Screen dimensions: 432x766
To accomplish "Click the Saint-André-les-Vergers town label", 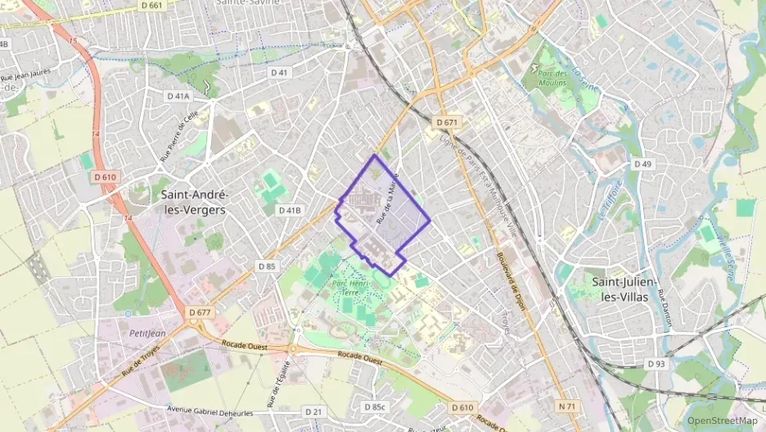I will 194,202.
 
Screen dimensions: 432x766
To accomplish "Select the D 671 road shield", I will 447,122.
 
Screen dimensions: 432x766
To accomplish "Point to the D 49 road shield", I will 643,165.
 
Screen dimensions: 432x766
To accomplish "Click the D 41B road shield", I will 290,211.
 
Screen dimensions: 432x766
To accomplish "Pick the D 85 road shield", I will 267,266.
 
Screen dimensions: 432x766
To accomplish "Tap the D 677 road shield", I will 200,312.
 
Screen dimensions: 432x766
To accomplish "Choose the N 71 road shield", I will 568,406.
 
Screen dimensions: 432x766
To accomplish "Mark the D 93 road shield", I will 656,363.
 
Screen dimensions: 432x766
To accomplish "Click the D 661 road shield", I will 151,5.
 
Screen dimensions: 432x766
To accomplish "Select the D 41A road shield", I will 178,96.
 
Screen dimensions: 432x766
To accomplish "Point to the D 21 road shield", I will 313,411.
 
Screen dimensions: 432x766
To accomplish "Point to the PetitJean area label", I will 148,334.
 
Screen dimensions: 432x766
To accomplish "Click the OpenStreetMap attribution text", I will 722,421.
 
